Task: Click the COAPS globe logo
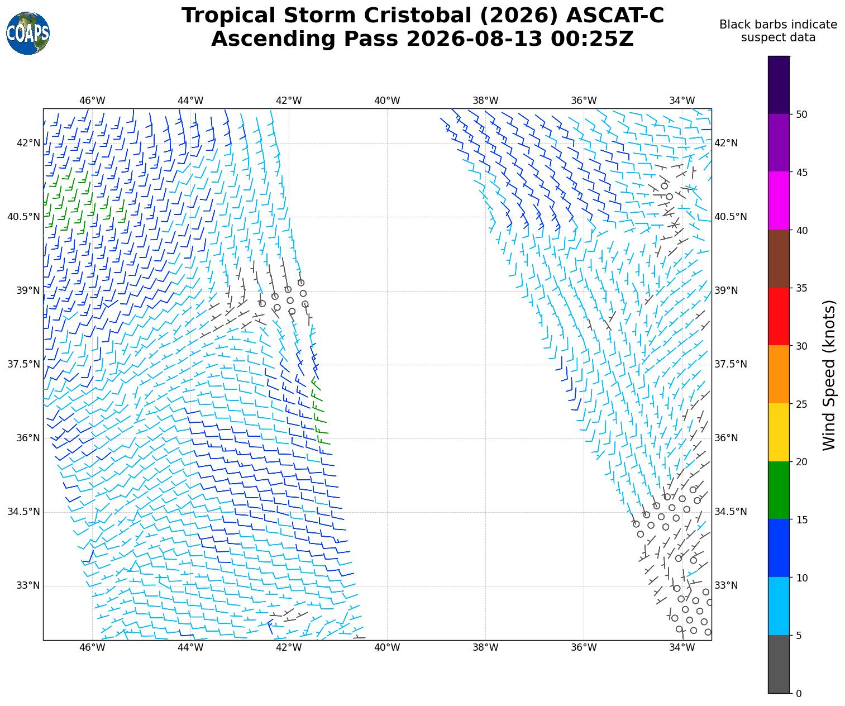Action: [x=28, y=33]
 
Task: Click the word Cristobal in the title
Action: [x=418, y=16]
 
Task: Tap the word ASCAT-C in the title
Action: [x=615, y=16]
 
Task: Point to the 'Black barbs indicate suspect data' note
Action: [x=778, y=31]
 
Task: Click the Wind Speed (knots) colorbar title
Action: [x=828, y=375]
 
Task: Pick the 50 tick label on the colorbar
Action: [x=801, y=115]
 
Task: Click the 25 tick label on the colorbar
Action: [x=801, y=404]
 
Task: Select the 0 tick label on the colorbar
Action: [x=799, y=694]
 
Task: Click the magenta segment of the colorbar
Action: [x=779, y=201]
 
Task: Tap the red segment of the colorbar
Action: [x=779, y=317]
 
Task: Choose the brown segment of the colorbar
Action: [x=779, y=259]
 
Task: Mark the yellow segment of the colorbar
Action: [x=779, y=432]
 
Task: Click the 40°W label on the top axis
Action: [x=387, y=101]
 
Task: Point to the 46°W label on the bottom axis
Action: [x=92, y=647]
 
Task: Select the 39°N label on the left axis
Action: [x=28, y=290]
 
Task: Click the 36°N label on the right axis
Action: [x=726, y=438]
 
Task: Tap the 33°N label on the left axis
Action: [x=28, y=585]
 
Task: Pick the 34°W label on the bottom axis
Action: [x=682, y=647]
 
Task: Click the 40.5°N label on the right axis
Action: [x=731, y=217]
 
